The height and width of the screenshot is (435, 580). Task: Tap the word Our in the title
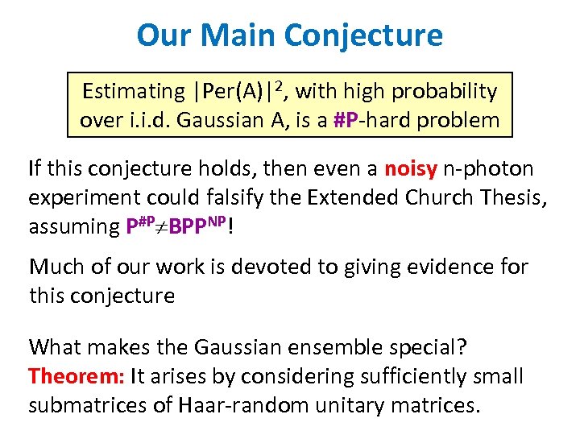click(165, 35)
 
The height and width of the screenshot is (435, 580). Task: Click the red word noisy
click(411, 169)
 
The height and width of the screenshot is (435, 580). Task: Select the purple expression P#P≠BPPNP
click(177, 226)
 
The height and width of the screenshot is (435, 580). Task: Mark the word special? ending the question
click(434, 348)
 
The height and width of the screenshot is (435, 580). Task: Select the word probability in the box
click(444, 92)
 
